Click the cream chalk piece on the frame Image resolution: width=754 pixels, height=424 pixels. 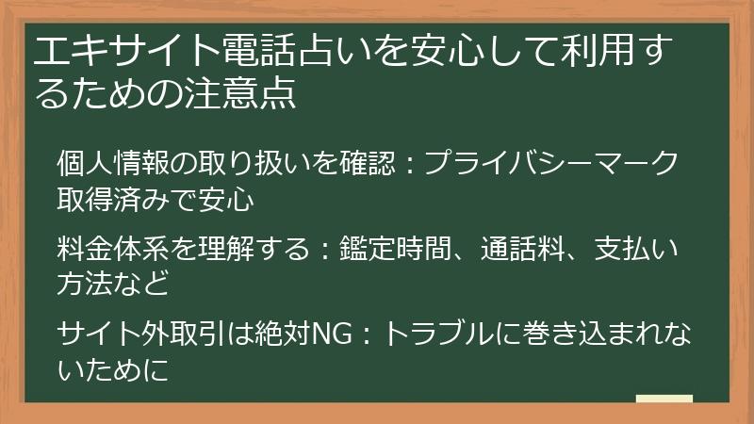[x=664, y=400]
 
